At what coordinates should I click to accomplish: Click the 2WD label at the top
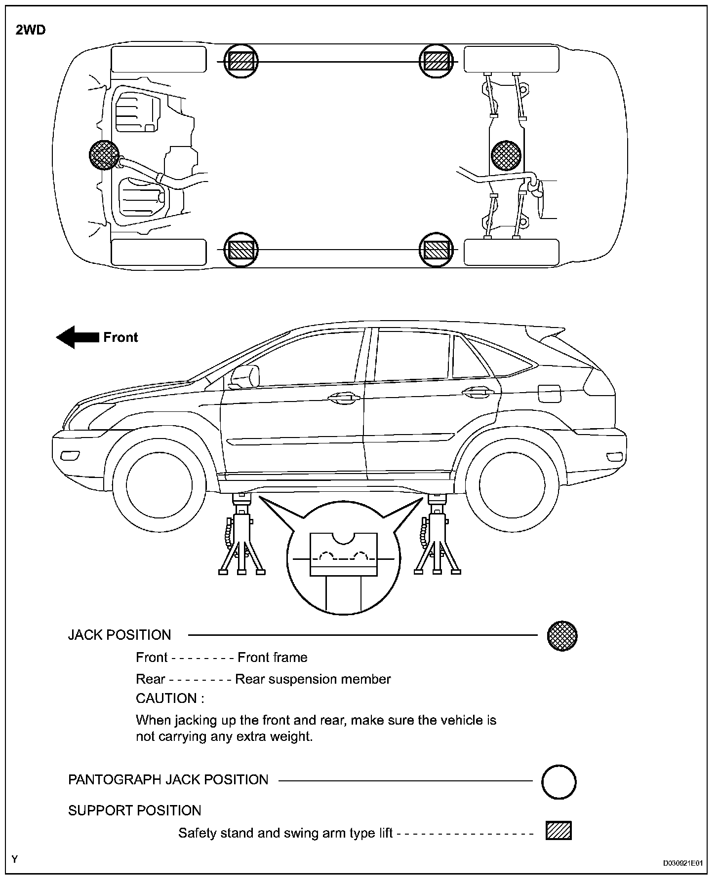31,30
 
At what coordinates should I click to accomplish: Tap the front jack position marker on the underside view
104,154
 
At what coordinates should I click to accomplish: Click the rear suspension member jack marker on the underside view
506,154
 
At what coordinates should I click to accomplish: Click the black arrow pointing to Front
77,337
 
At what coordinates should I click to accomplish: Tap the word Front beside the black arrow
120,337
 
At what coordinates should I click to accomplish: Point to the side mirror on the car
245,376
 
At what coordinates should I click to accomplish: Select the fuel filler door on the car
549,394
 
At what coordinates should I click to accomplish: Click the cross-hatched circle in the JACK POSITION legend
562,635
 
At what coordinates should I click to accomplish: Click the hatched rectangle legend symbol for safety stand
559,831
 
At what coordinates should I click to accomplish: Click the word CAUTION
169,698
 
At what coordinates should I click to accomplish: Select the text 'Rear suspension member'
313,679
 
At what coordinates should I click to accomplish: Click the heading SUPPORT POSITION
134,810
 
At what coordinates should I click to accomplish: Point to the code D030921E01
683,863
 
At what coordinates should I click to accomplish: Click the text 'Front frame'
272,658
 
